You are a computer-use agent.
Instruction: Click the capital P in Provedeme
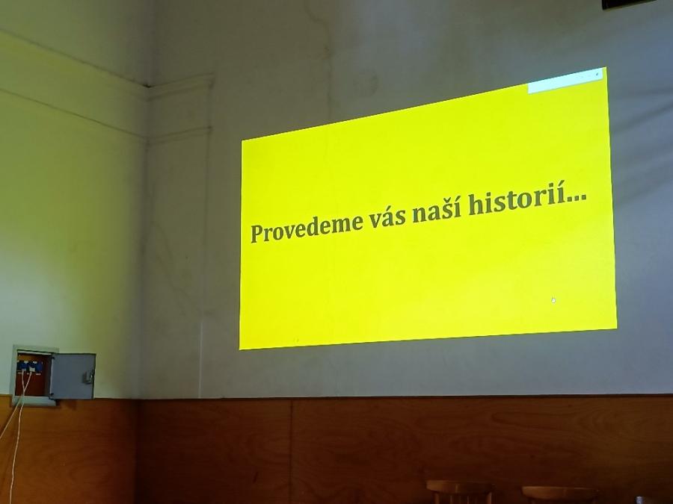point(257,233)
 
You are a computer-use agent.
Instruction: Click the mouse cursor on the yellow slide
point(553,300)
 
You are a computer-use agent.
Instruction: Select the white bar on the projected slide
point(565,81)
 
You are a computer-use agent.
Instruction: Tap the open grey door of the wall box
point(73,376)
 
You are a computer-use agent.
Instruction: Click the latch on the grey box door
point(89,377)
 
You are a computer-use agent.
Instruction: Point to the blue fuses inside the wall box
point(30,367)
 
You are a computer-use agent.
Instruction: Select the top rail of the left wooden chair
point(459,486)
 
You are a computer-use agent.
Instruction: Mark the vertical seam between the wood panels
point(292,450)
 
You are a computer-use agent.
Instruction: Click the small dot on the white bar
point(597,74)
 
